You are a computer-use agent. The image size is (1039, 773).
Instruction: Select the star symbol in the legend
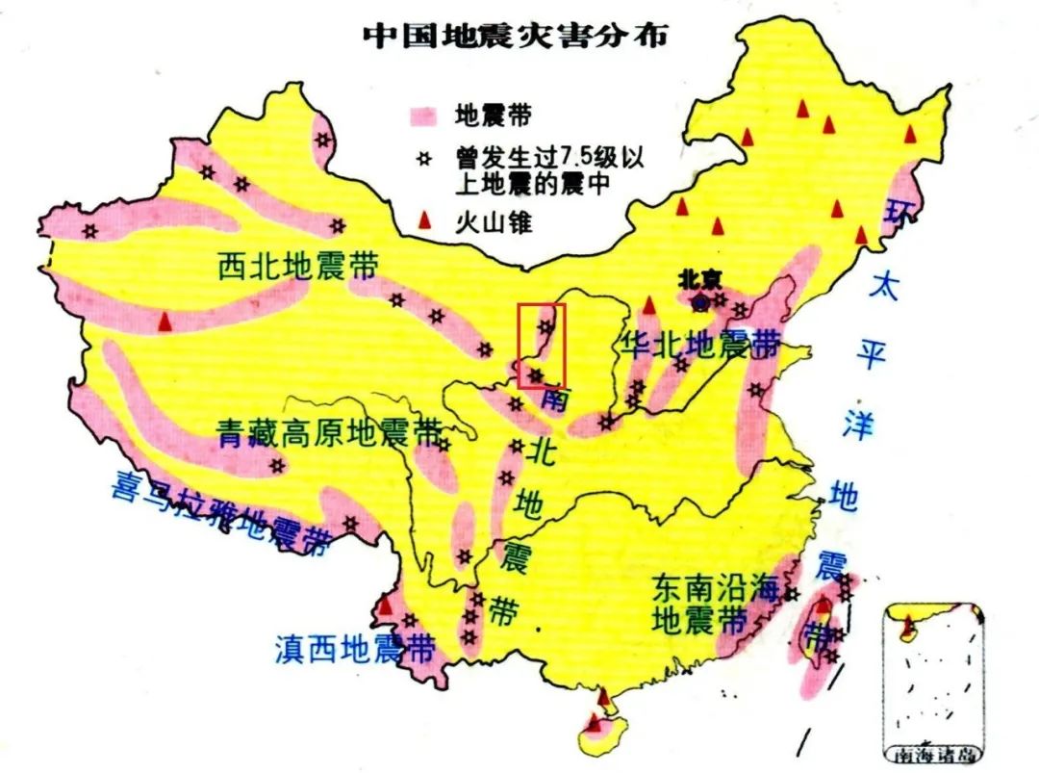(419, 156)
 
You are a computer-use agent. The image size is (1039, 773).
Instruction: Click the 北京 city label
(699, 278)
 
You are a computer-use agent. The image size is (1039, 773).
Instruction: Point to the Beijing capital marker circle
(701, 302)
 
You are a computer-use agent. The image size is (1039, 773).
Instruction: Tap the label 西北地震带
(297, 266)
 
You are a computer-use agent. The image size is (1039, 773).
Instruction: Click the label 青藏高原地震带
(328, 433)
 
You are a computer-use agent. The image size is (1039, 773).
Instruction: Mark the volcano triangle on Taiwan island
(824, 608)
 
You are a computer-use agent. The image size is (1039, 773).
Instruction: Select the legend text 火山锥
(494, 223)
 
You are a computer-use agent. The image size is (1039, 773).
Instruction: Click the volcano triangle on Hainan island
(595, 722)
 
